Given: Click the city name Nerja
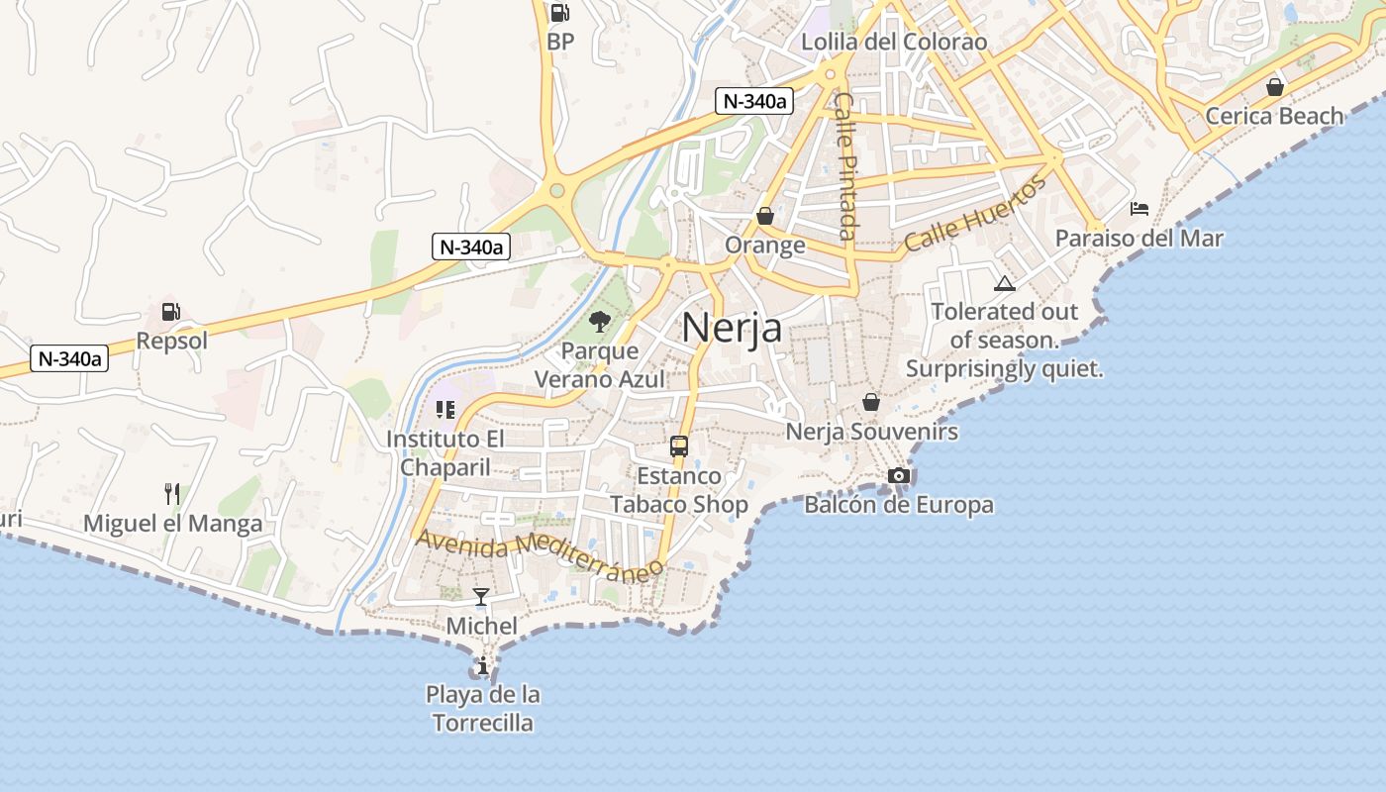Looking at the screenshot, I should (732, 328).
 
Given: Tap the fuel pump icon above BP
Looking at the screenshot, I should (559, 13).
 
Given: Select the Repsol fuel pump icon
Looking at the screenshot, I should (170, 312).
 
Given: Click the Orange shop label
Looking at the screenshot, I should (764, 245).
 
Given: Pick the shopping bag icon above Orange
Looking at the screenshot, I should (764, 215).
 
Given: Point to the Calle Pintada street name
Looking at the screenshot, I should (844, 165).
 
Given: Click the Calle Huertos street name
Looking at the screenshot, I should (975, 214).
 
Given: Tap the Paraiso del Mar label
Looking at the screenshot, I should (1138, 239).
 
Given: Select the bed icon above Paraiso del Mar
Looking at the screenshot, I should (1139, 208).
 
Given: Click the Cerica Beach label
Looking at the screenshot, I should (1274, 116).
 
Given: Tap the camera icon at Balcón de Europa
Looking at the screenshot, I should (898, 476).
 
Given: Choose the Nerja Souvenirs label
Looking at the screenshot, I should (871, 432).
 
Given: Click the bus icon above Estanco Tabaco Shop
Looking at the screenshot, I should (678, 445).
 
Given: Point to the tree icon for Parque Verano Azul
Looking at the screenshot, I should (599, 321).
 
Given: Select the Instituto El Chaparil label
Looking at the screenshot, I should (445, 452).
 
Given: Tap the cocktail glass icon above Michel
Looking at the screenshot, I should (481, 596).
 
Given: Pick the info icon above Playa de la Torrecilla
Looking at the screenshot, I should (482, 666).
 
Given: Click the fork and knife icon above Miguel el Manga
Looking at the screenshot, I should (172, 493).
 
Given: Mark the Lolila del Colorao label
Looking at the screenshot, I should (893, 42).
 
